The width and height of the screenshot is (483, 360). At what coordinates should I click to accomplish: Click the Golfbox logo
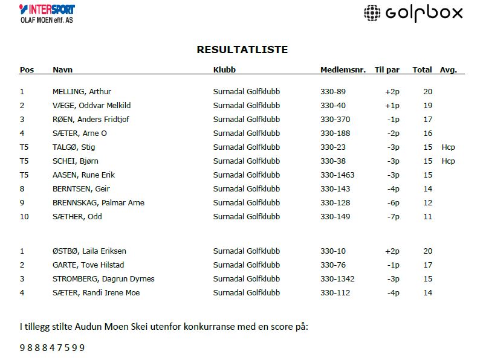click(413, 13)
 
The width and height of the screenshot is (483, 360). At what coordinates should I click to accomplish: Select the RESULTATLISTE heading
click(242, 50)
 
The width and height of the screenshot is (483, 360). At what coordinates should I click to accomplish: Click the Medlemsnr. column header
click(343, 70)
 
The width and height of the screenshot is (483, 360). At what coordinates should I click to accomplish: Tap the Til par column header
click(387, 70)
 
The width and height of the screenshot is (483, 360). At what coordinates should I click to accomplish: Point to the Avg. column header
click(448, 70)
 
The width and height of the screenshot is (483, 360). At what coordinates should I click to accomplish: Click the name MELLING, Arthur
click(82, 92)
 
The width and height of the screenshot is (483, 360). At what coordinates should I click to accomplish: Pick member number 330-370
click(335, 120)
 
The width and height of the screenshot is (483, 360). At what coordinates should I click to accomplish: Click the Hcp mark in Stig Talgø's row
click(448, 147)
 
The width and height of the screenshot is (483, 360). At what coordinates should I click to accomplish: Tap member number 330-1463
click(337, 175)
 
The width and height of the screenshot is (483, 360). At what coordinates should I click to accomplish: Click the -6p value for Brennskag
click(393, 203)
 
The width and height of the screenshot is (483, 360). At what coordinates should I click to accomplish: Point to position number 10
click(24, 217)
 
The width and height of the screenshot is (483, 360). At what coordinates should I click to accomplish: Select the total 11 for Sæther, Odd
click(427, 217)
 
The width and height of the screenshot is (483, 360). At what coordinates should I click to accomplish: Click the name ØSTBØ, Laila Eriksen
click(89, 251)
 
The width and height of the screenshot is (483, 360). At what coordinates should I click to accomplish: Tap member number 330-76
click(332, 265)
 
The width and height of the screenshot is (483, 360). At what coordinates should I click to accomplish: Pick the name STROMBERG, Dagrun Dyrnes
click(103, 279)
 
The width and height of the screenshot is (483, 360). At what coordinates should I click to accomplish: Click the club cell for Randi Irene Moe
click(247, 293)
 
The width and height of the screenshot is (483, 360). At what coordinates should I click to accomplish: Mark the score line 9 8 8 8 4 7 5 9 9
click(52, 348)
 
